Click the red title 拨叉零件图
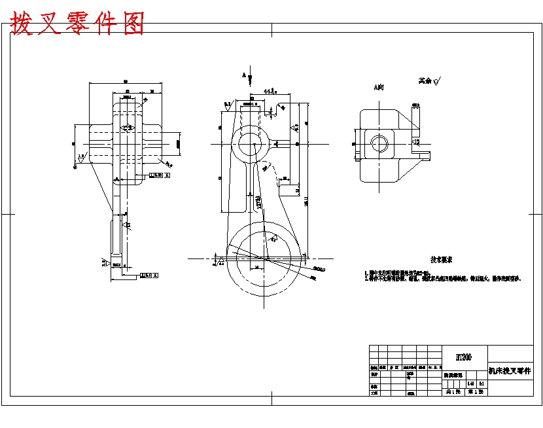(x=77, y=24)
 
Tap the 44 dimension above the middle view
(x=269, y=92)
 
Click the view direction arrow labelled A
(x=249, y=78)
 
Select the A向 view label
(x=379, y=86)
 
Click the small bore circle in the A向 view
(x=378, y=143)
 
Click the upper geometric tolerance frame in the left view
(x=160, y=175)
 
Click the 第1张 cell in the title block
(x=475, y=392)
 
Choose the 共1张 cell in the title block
(x=453, y=392)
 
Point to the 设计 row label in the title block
(x=374, y=375)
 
